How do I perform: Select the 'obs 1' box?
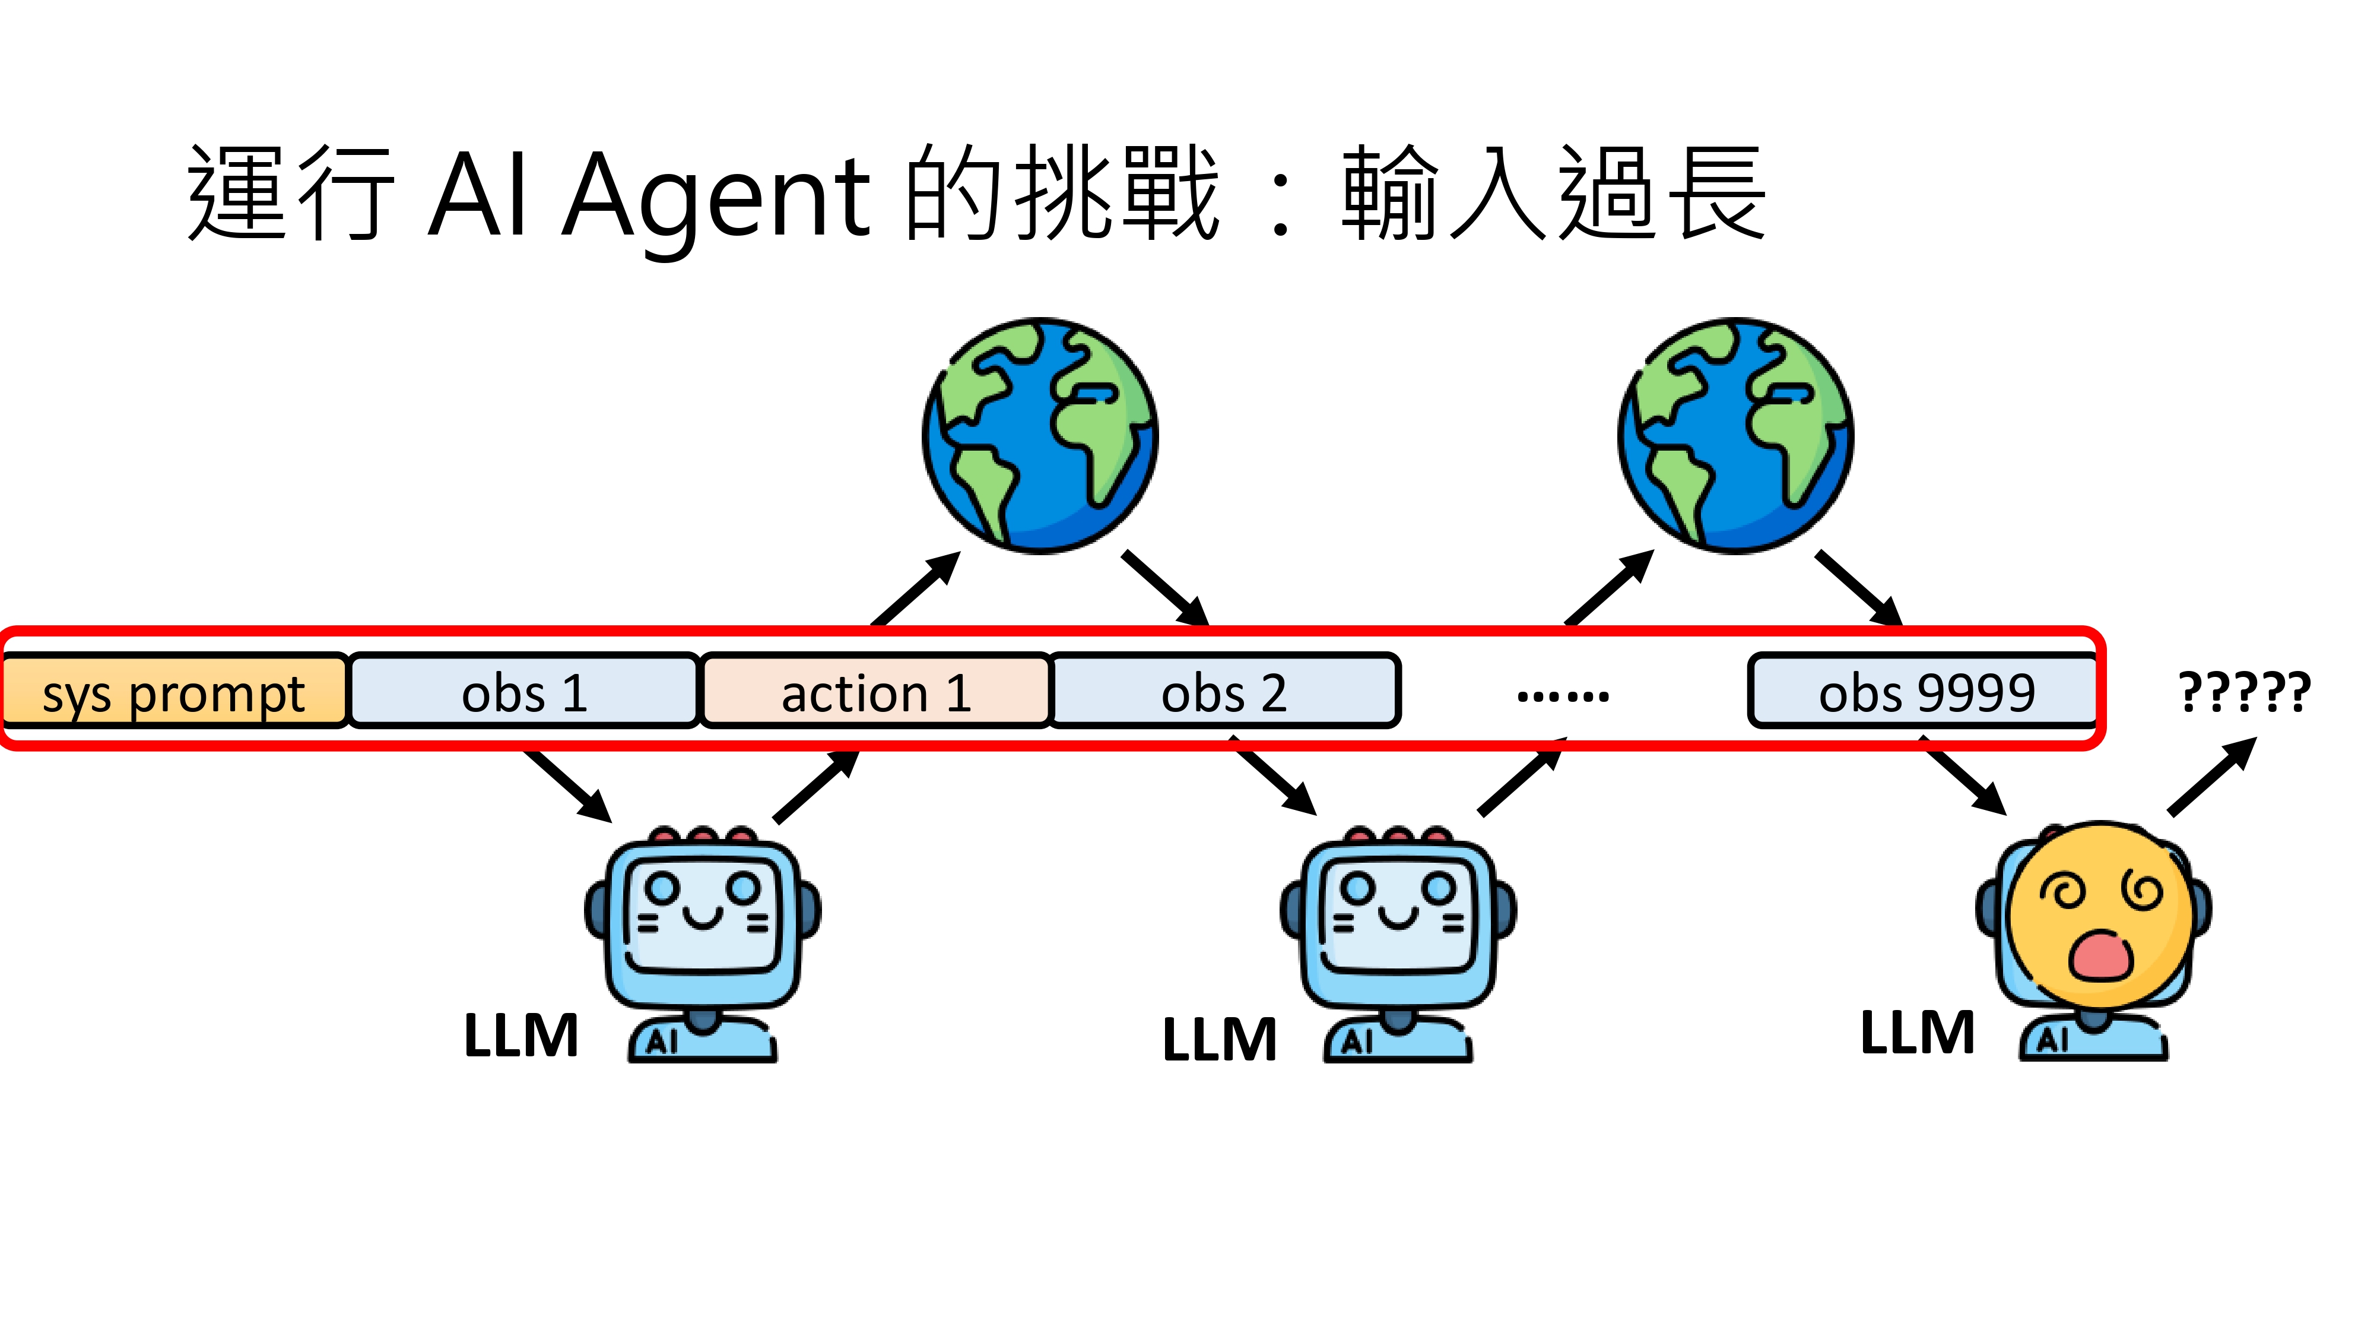523,692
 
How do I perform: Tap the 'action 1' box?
875,692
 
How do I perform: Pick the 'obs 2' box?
1224,692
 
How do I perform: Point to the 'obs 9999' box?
1924,692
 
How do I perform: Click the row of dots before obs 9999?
1563,696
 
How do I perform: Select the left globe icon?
1040,435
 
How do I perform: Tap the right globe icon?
1735,435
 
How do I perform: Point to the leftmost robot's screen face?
702,913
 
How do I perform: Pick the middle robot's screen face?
1398,913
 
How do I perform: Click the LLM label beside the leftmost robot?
520,1036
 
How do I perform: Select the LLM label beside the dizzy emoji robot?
1917,1033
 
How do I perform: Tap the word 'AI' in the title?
479,195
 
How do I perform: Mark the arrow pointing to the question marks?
2212,776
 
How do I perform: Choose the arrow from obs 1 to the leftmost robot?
567,784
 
